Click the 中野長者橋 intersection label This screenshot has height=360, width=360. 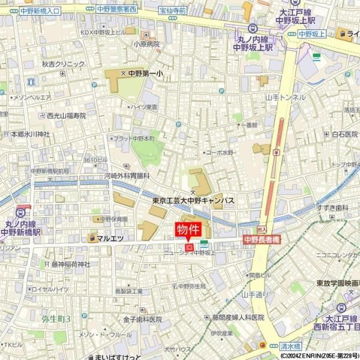click(260, 239)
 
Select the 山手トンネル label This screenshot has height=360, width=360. click(285, 97)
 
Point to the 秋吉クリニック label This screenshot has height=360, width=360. click(63, 64)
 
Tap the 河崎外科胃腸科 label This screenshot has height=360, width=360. click(127, 176)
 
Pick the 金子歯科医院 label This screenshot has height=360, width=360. click(143, 319)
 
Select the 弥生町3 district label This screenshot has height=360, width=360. click(56, 318)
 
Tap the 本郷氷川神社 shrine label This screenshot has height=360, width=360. click(30, 134)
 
